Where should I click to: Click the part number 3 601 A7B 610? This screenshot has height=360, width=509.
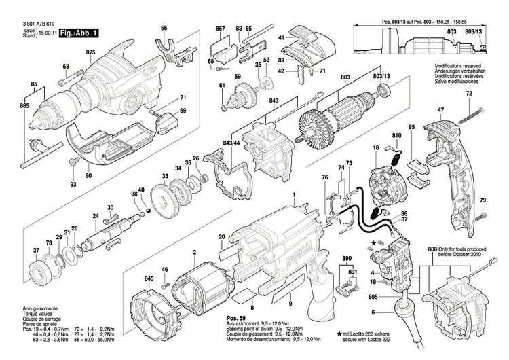[42, 22]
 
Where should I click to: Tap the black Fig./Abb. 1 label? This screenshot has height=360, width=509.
[79, 32]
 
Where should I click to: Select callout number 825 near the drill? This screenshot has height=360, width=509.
[91, 52]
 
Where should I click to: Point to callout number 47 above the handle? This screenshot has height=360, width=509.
[440, 110]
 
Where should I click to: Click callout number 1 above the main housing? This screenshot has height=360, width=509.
[294, 196]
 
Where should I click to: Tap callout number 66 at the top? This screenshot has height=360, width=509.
[163, 28]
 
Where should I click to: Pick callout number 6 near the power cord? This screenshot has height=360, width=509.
[372, 312]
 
